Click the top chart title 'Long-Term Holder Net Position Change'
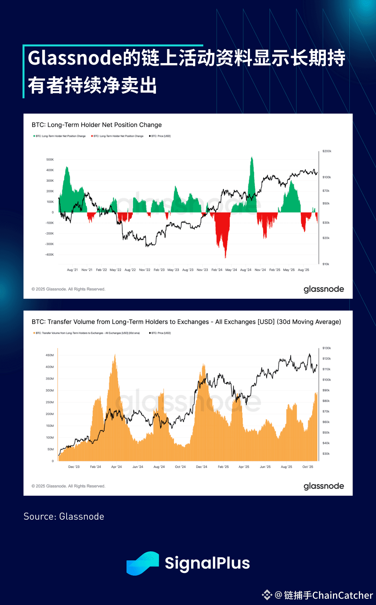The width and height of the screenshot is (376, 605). click(97, 125)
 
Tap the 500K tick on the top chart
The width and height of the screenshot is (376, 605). click(50, 160)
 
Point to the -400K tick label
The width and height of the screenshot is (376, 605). click(49, 255)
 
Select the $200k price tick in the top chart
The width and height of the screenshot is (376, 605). click(327, 151)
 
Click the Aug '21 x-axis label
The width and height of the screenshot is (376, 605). click(72, 270)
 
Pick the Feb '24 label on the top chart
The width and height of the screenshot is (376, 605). click(217, 270)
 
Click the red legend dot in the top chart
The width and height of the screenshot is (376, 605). click(92, 136)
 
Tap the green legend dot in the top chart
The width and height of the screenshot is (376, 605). click(34, 136)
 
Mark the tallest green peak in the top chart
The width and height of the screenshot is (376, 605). click(252, 158)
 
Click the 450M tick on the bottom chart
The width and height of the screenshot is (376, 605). click(50, 356)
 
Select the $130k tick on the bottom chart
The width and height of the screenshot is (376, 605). click(327, 348)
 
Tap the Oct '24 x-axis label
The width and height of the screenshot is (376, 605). click(180, 467)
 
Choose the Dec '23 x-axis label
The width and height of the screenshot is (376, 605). click(74, 467)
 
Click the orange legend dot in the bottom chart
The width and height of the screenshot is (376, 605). click(34, 333)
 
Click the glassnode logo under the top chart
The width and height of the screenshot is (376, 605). click(324, 289)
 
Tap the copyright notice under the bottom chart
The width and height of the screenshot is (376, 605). click(69, 486)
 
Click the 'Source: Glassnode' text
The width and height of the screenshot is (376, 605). click(64, 517)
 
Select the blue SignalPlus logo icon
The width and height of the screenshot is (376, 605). click(143, 563)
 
